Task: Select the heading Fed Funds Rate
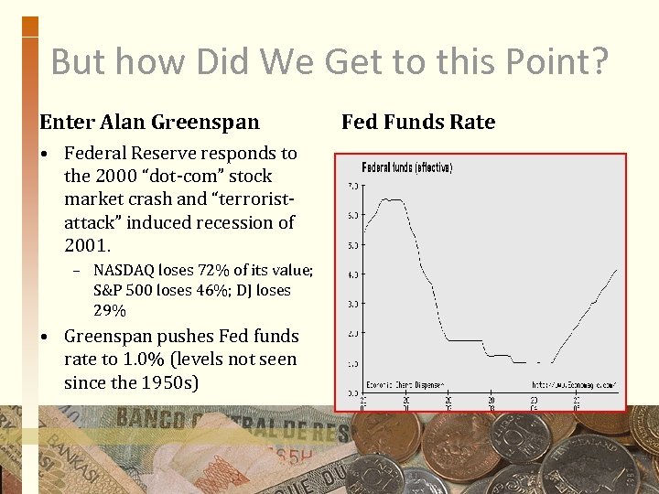point(418,122)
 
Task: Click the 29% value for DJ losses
point(110,310)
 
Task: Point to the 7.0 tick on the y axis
point(351,186)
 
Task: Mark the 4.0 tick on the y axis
point(351,274)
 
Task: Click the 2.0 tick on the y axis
point(351,333)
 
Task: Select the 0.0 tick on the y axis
point(351,392)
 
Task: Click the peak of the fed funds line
point(389,199)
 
